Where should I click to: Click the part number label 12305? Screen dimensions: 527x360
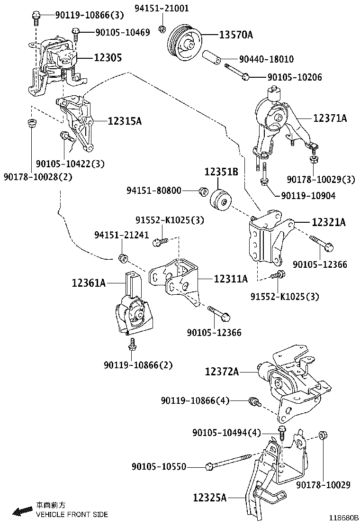coord(108,58)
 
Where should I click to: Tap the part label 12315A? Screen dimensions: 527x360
coord(125,121)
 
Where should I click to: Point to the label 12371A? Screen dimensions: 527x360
coord(330,118)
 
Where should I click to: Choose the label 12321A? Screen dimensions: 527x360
coord(329,221)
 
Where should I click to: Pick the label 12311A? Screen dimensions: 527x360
coord(231,279)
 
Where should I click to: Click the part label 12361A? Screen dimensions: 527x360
coord(89,283)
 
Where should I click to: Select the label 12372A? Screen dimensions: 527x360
coord(222,372)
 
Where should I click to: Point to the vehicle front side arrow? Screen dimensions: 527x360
coord(22,511)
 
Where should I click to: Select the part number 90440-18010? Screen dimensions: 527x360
coord(266,59)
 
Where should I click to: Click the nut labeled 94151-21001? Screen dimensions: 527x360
coord(162,29)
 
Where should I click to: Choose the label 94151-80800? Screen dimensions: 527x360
coord(161,191)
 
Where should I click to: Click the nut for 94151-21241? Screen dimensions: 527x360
coord(121,258)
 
